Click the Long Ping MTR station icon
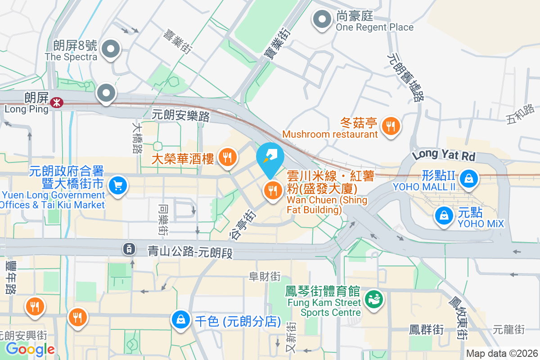pyautogui.click(x=56, y=103)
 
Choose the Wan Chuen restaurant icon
pyautogui.click(x=272, y=190)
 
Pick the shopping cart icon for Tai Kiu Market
pyautogui.click(x=117, y=185)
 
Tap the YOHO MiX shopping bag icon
pyautogui.click(x=444, y=215)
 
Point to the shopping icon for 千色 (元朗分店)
pyautogui.click(x=180, y=320)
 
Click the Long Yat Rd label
pyautogui.click(x=444, y=155)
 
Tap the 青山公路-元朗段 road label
pyautogui.click(x=190, y=252)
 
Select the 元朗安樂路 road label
pyautogui.click(x=181, y=116)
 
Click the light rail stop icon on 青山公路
pyautogui.click(x=129, y=248)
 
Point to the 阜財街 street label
pyautogui.click(x=265, y=276)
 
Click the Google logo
pyautogui.click(x=30, y=349)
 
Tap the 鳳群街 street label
pyautogui.click(x=426, y=330)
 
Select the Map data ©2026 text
pyautogui.click(x=502, y=353)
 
